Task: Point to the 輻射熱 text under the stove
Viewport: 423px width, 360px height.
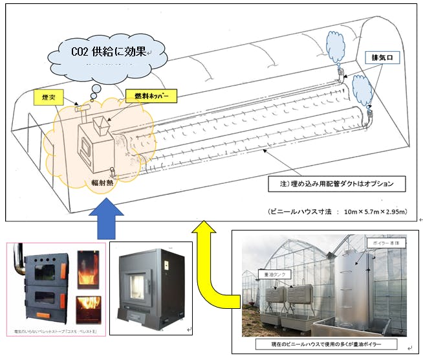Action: [96, 183]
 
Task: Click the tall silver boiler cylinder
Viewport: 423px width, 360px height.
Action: [352, 285]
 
